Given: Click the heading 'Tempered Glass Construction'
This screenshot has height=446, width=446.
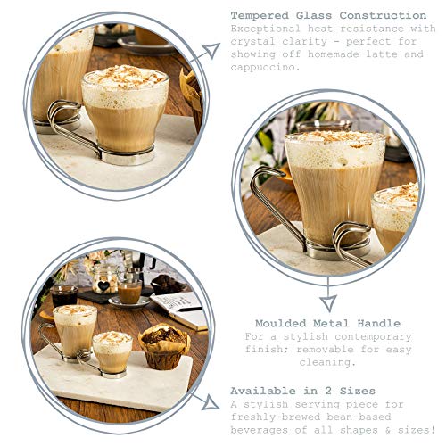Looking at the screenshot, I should (x=327, y=15).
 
